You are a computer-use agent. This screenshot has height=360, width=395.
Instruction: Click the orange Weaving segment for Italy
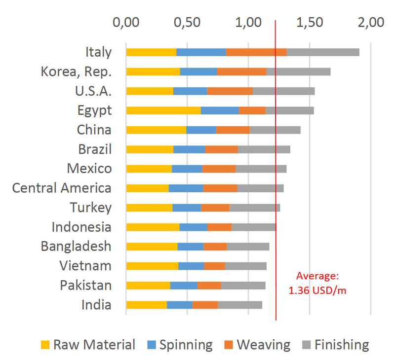(x=256, y=52)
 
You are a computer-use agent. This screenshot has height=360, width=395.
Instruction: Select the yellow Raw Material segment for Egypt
(x=163, y=110)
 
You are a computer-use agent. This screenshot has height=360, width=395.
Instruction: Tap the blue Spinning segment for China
(x=201, y=130)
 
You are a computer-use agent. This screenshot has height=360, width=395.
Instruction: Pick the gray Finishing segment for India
(x=239, y=305)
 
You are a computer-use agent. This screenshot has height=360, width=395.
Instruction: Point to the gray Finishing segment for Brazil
(x=264, y=149)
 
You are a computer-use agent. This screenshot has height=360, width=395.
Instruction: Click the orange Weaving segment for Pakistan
(x=209, y=286)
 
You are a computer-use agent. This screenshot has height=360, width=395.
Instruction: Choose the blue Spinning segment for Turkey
(x=187, y=208)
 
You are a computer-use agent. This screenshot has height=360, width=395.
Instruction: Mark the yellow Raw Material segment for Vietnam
(x=152, y=266)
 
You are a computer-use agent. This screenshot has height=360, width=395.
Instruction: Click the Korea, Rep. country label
(x=76, y=72)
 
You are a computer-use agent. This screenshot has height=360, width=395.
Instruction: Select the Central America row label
(x=62, y=188)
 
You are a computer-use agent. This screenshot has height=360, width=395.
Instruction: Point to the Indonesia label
(x=81, y=227)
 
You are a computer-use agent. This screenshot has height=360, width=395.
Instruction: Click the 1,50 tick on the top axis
(x=309, y=23)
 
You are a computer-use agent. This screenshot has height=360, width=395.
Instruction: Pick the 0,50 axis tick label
(x=187, y=23)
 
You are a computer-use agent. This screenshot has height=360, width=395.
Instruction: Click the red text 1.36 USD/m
(x=317, y=290)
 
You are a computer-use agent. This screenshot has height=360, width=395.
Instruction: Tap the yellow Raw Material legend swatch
(x=45, y=345)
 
